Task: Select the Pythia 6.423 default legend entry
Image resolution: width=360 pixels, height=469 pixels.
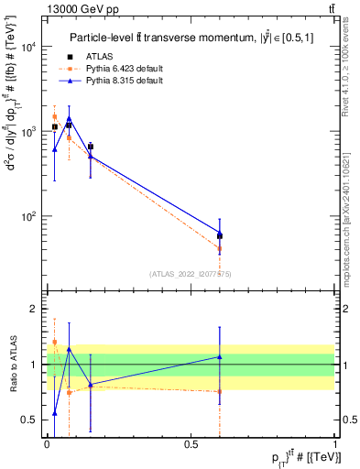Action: (120, 69)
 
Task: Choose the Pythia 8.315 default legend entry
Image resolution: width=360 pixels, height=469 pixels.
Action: (120, 81)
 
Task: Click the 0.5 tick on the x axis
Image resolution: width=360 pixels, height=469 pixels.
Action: (191, 442)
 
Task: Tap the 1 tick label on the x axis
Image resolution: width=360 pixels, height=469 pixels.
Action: (334, 442)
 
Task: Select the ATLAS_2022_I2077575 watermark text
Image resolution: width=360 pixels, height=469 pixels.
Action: (191, 274)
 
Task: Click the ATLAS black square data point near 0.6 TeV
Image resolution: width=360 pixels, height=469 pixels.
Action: (220, 236)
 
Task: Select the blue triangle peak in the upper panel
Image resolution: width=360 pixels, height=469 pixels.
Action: (69, 118)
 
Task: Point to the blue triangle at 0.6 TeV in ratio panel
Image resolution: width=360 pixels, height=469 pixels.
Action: (220, 356)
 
